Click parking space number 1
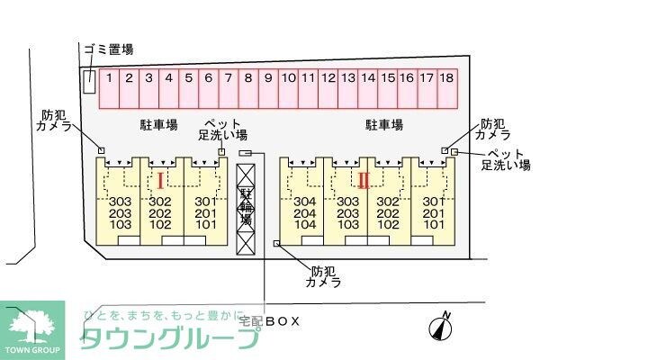pyautogui.click(x=109, y=78)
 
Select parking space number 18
pyautogui.click(x=446, y=78)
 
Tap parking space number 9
pyautogui.click(x=267, y=78)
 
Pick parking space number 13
pyautogui.click(x=347, y=78)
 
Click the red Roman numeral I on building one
pyautogui.click(x=160, y=180)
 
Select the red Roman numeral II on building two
pyautogui.click(x=364, y=180)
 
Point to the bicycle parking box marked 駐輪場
pyautogui.click(x=245, y=206)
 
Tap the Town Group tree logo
pyautogui.click(x=32, y=326)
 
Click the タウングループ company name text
pyautogui.click(x=171, y=338)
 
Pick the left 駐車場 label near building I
pyautogui.click(x=157, y=125)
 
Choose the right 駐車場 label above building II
pyautogui.click(x=382, y=125)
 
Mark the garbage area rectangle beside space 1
pyautogui.click(x=89, y=80)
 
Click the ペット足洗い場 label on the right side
pyautogui.click(x=505, y=158)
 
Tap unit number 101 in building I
pyautogui.click(x=205, y=224)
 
